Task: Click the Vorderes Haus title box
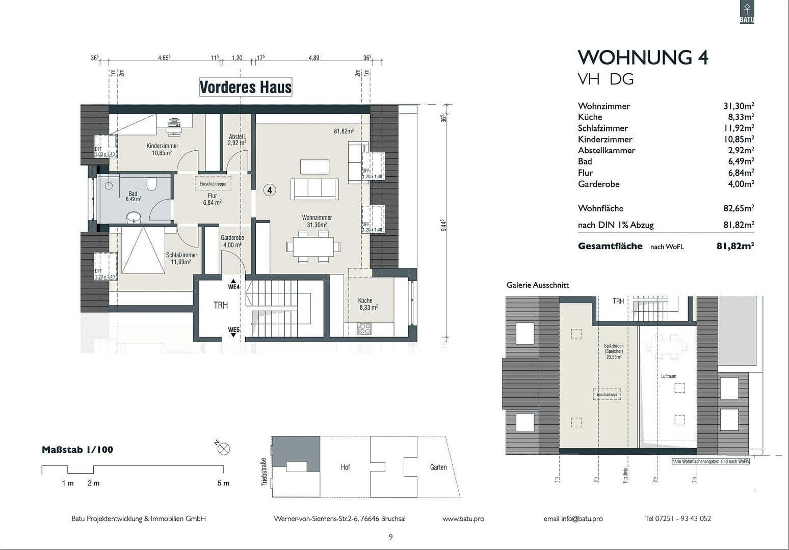245,87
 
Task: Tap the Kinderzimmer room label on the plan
162,146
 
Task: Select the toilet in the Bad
152,183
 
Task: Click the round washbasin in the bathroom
134,217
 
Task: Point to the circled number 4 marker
270,190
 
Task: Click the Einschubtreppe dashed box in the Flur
213,184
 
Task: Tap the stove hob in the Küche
364,328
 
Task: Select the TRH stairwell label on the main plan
221,306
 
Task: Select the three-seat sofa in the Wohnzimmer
314,189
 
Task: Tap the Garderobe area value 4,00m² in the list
741,184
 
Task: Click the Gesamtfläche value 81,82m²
735,246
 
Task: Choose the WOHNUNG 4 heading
643,58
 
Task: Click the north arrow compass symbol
223,448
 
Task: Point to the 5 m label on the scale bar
223,483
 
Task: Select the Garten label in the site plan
438,467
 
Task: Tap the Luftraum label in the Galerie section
668,376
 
